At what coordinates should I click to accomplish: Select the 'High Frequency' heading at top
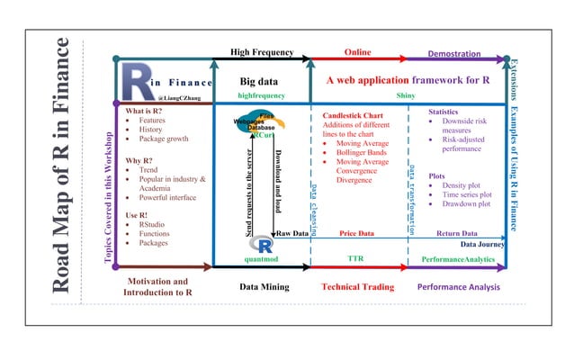[x=262, y=52]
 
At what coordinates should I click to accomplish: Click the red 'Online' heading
[x=357, y=52]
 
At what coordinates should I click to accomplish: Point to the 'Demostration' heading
[x=453, y=54]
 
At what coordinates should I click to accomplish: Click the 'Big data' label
[x=258, y=81]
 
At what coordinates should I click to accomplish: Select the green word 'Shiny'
[x=406, y=95]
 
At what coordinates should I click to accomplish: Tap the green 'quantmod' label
[x=264, y=258]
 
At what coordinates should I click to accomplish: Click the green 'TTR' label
[x=355, y=258]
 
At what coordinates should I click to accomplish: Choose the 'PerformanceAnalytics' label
[x=458, y=259]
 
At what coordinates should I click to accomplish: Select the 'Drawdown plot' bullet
[x=465, y=204]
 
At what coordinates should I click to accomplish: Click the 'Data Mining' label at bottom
[x=264, y=287]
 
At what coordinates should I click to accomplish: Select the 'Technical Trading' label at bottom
[x=357, y=287]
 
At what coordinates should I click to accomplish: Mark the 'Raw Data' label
[x=293, y=233]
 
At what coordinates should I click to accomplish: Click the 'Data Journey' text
[x=482, y=244]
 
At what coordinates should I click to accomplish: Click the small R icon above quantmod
[x=264, y=244]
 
